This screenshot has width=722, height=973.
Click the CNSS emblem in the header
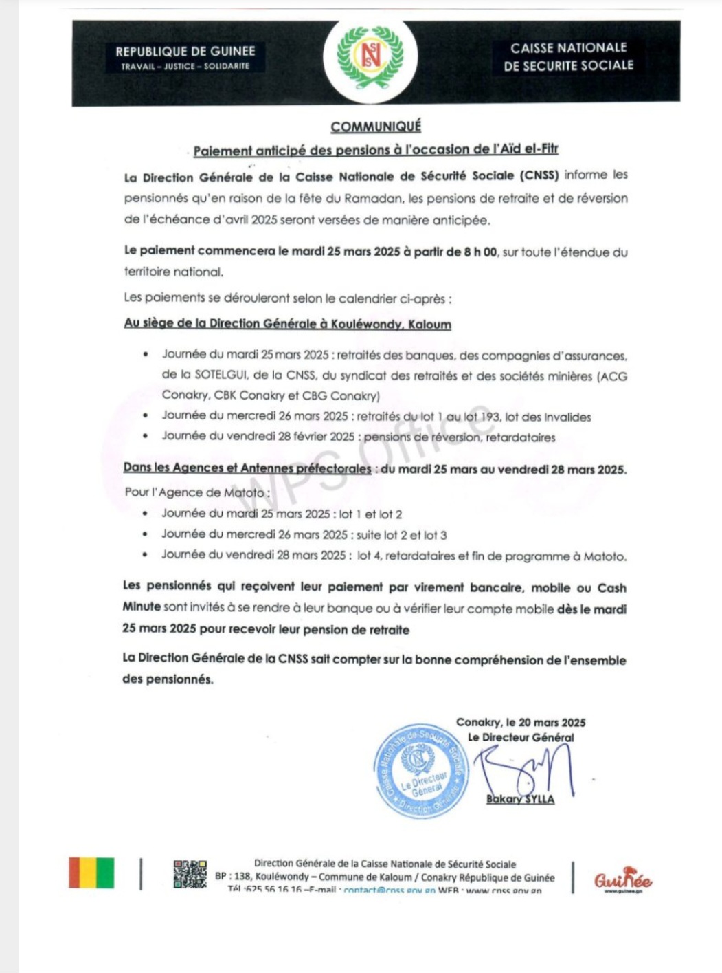(370, 58)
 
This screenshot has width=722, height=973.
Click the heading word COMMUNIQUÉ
(376, 127)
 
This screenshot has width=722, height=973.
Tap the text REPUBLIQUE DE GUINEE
(185, 52)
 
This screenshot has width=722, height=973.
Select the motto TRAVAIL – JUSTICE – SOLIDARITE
(185, 67)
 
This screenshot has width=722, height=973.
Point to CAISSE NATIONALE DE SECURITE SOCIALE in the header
(568, 56)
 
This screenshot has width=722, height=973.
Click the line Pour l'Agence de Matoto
(196, 492)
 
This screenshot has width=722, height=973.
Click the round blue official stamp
(421, 772)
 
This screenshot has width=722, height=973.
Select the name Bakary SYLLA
(520, 799)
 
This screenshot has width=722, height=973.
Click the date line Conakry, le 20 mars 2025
(521, 722)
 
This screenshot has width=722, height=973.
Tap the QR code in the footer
(190, 874)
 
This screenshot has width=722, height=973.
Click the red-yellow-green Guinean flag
(91, 873)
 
